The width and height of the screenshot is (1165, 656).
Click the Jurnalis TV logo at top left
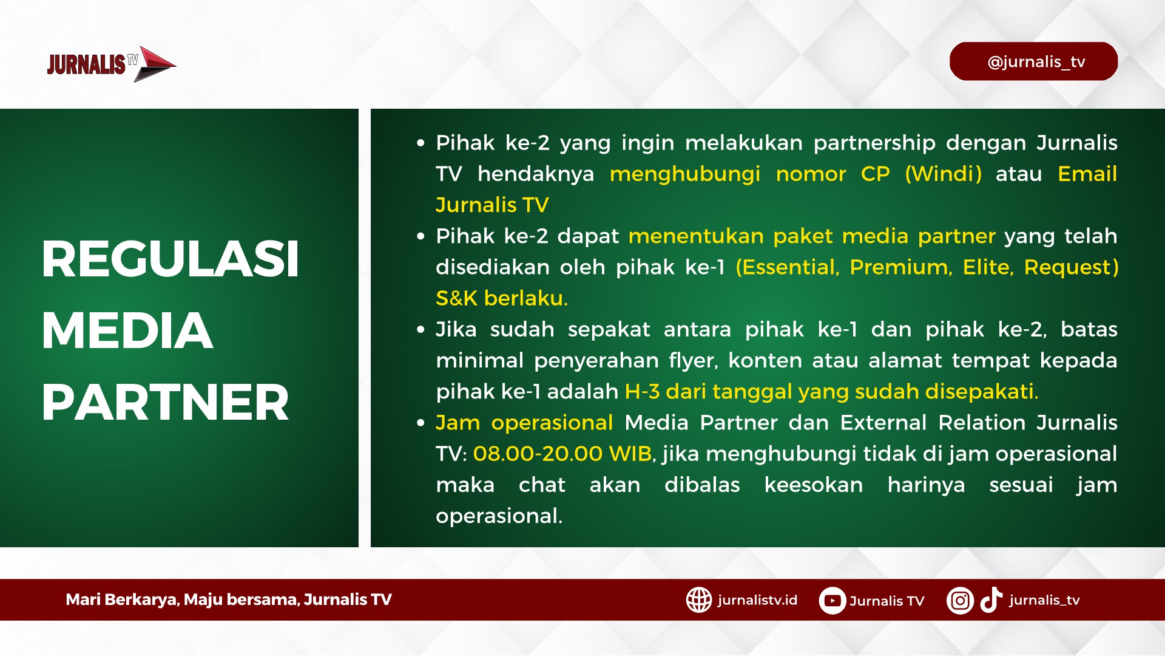pyautogui.click(x=112, y=64)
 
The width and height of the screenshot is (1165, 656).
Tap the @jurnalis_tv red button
pyautogui.click(x=1033, y=61)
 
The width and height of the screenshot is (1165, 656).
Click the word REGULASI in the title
pyautogui.click(x=171, y=259)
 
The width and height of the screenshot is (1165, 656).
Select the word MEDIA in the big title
pyautogui.click(x=127, y=331)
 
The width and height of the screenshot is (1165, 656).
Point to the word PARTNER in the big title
pyautogui.click(x=166, y=402)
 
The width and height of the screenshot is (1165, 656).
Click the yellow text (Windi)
pyautogui.click(x=943, y=174)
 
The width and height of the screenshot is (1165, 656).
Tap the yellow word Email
pyautogui.click(x=1087, y=174)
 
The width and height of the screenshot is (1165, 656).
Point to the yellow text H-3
pyautogui.click(x=642, y=392)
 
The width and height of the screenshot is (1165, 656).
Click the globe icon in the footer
pyautogui.click(x=699, y=600)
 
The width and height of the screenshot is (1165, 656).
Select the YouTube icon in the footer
pyautogui.click(x=832, y=601)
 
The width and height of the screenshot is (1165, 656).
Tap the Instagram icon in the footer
pyautogui.click(x=960, y=601)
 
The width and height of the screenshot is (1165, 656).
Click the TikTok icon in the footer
pyautogui.click(x=991, y=600)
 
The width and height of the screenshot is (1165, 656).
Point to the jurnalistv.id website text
pyautogui.click(x=757, y=600)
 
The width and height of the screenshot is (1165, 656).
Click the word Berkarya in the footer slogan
pyautogui.click(x=141, y=600)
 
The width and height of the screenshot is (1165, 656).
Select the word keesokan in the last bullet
pyautogui.click(x=814, y=485)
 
